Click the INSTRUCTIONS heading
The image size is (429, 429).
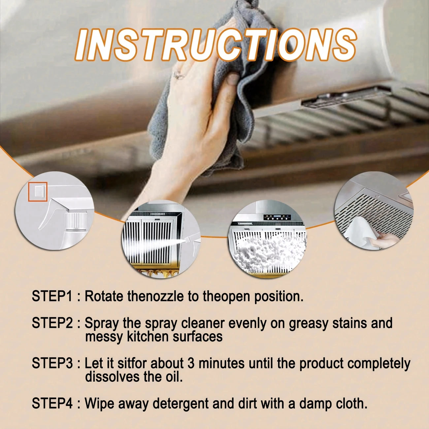[215, 44]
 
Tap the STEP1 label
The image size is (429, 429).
[52, 296]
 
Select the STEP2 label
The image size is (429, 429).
[52, 323]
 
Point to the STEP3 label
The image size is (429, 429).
[52, 363]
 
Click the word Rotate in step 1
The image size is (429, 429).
[104, 296]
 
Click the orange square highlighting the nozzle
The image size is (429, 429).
[38, 192]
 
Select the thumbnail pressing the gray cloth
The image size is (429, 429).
[233, 79]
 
